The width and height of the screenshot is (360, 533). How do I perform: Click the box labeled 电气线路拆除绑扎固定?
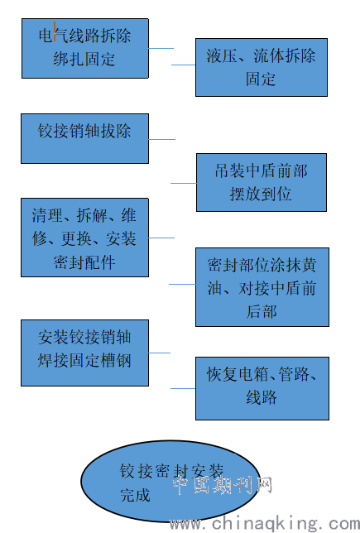(x=85, y=48)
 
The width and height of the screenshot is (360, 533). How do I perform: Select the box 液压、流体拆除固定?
(x=262, y=67)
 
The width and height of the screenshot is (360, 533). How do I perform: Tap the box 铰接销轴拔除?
(x=84, y=139)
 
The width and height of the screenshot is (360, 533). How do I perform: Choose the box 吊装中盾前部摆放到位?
(x=262, y=183)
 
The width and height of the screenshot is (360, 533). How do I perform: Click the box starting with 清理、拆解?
(x=84, y=238)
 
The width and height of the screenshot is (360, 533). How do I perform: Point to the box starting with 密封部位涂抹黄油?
(x=262, y=287)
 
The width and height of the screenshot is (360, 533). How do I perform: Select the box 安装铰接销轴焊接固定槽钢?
(x=84, y=353)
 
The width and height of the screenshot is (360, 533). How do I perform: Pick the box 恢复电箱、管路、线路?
(x=262, y=388)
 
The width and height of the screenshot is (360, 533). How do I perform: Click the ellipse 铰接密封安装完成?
(x=170, y=481)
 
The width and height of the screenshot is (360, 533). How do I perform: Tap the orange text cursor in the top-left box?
(x=55, y=31)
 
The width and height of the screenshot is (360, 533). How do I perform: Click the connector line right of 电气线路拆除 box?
(x=161, y=48)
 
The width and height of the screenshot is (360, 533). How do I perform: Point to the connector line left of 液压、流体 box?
(x=183, y=65)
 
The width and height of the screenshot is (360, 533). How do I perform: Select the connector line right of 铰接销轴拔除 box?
(x=162, y=139)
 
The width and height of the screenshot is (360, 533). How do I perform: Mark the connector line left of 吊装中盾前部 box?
(x=184, y=183)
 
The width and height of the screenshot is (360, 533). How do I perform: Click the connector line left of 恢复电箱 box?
(x=183, y=388)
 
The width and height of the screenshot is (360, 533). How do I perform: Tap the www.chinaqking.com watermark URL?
(x=265, y=524)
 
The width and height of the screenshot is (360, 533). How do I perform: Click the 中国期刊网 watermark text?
(x=223, y=485)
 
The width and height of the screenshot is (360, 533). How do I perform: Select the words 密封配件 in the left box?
(x=84, y=262)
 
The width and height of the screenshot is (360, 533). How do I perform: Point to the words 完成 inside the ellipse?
(x=135, y=495)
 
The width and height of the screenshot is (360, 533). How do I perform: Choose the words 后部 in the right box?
(x=262, y=312)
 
